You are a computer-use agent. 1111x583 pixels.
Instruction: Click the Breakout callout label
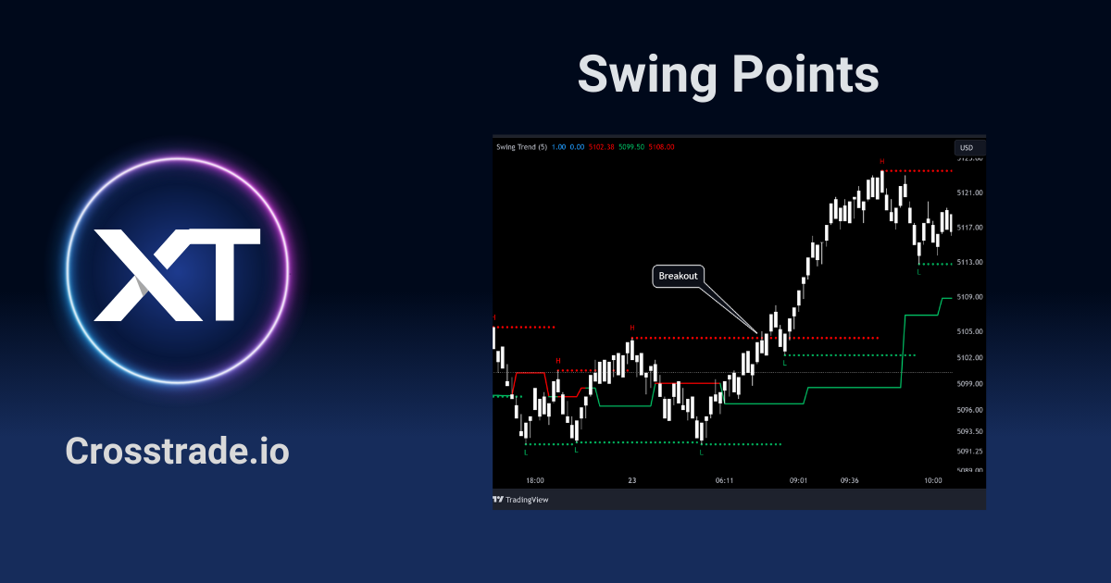click(678, 276)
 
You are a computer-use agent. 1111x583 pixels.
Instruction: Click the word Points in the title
click(805, 74)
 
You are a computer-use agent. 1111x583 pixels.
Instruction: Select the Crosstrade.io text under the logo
click(177, 452)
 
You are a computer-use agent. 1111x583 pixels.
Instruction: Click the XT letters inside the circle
click(177, 275)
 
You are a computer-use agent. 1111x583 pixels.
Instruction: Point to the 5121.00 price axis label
click(970, 192)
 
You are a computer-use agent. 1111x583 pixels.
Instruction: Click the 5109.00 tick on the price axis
click(970, 297)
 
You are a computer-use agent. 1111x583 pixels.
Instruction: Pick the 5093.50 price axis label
click(970, 431)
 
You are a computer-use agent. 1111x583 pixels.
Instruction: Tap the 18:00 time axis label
click(535, 480)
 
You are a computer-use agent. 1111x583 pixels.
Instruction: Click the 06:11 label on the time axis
click(725, 480)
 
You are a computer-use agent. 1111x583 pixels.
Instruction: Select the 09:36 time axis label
click(850, 480)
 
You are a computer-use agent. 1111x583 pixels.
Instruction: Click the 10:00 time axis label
click(932, 480)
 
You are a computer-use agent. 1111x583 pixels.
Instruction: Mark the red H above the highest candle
click(882, 162)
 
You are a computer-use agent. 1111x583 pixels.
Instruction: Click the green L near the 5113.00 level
click(918, 271)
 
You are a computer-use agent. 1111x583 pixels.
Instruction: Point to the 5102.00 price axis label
click(970, 357)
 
